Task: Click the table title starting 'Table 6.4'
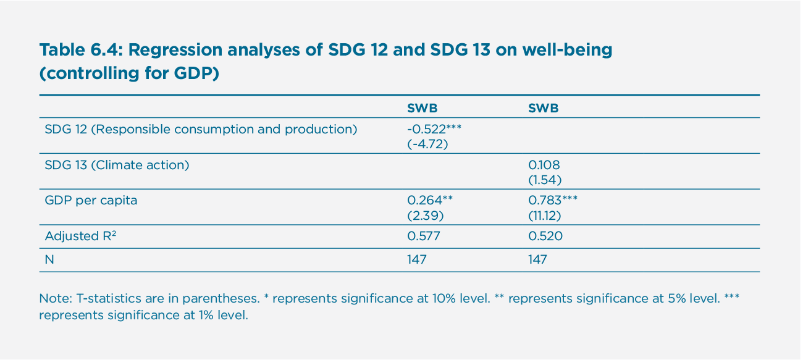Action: [326, 61]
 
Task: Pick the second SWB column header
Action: [543, 108]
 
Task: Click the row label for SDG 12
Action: [201, 130]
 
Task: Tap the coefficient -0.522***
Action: [434, 130]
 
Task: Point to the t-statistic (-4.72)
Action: [426, 143]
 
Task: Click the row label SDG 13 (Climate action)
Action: [117, 165]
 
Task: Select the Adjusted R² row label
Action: [80, 236]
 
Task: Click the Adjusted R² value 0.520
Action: [545, 236]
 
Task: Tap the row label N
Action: [49, 260]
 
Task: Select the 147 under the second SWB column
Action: [537, 260]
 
